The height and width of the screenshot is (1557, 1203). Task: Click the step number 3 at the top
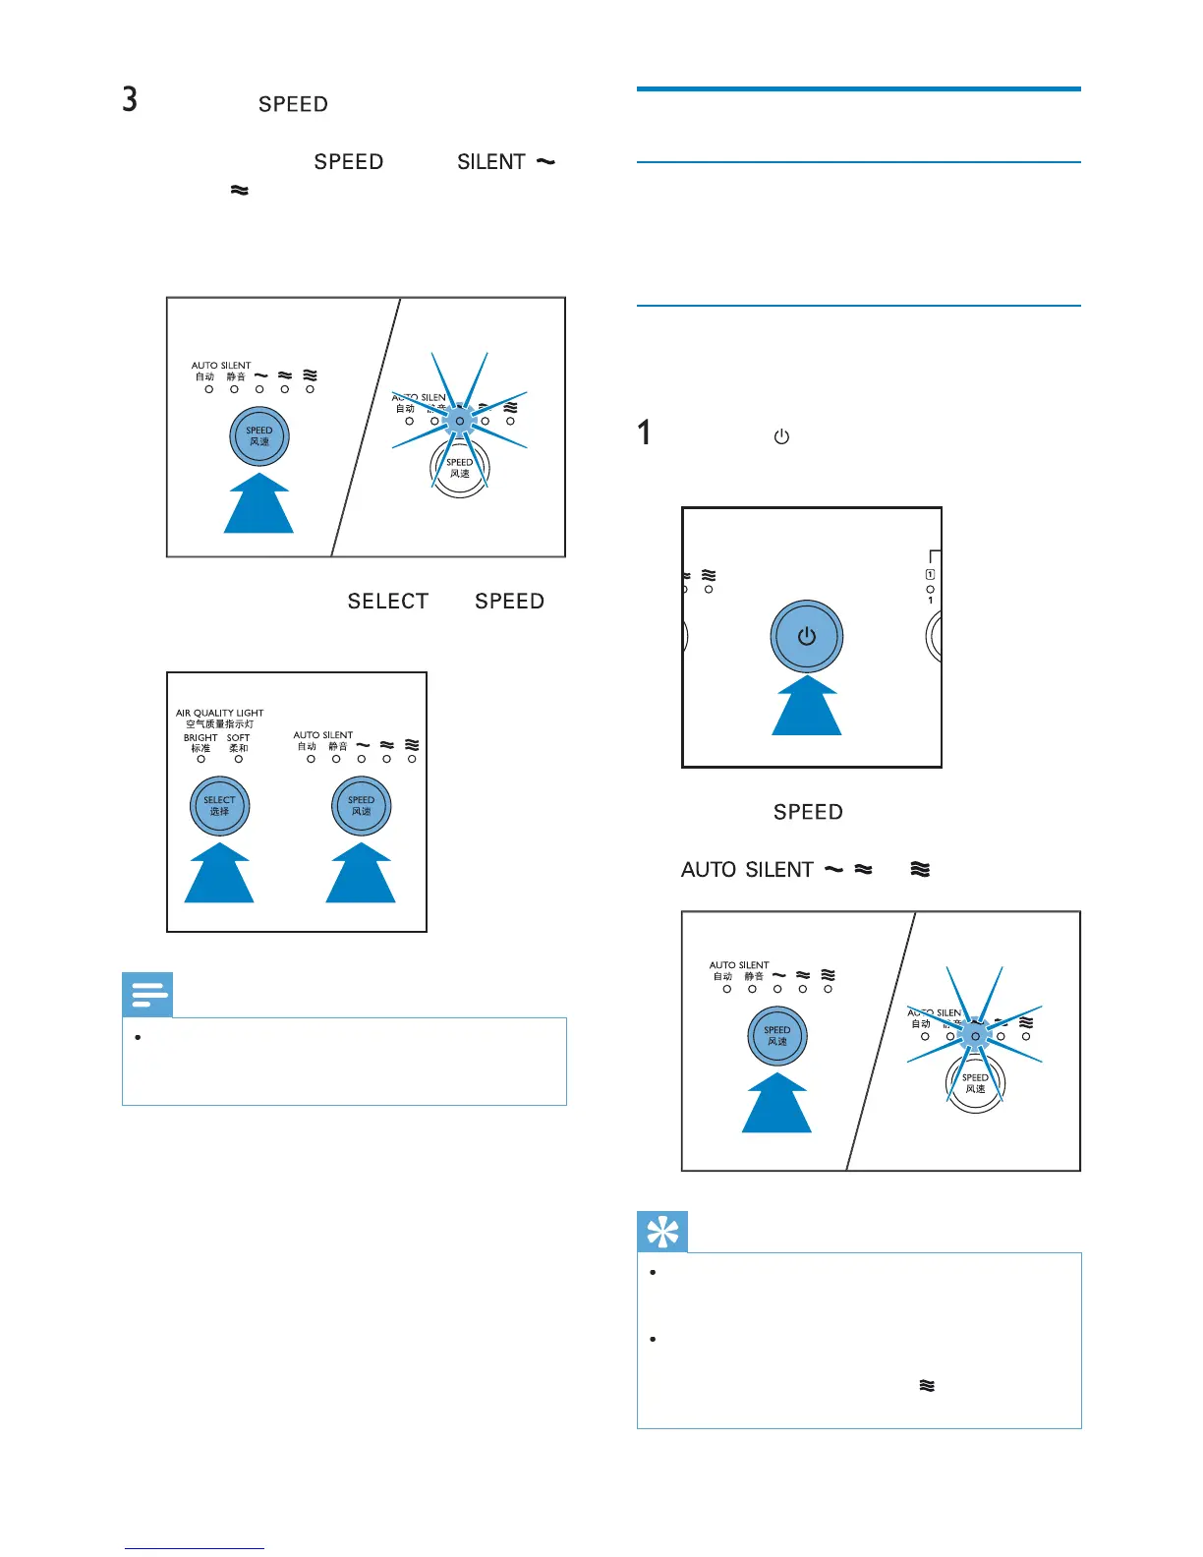(x=130, y=99)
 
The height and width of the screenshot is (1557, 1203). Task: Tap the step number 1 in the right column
(x=644, y=432)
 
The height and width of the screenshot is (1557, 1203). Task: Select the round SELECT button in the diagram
(x=219, y=805)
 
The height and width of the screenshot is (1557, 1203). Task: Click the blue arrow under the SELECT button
(x=219, y=874)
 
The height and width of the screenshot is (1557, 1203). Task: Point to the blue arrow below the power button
(x=807, y=707)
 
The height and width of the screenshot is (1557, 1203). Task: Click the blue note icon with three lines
(x=147, y=995)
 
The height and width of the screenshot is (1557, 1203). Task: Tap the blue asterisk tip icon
(x=662, y=1232)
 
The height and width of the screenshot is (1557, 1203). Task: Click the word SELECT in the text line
(x=388, y=602)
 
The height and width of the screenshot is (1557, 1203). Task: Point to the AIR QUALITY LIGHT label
(x=220, y=713)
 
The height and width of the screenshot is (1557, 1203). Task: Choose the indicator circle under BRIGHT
(x=200, y=759)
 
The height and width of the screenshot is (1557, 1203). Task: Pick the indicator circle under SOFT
(x=239, y=759)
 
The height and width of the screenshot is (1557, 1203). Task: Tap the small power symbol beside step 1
(x=781, y=436)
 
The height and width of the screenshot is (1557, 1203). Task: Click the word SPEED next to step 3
(x=293, y=105)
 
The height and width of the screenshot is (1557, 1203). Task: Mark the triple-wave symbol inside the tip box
(x=926, y=1385)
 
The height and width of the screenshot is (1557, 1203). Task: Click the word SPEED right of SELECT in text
(x=509, y=602)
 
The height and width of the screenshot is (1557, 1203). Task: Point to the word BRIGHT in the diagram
(x=200, y=737)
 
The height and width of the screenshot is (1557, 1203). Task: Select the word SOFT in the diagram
(x=239, y=737)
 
